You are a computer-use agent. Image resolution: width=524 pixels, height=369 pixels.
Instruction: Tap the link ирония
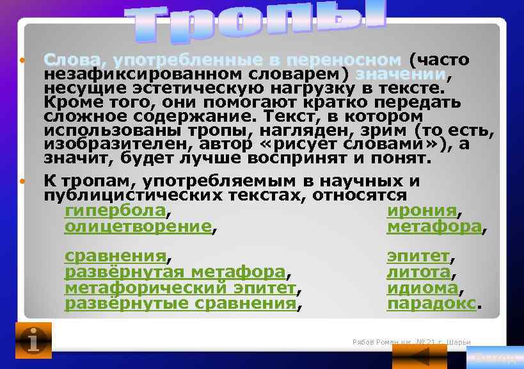(422, 211)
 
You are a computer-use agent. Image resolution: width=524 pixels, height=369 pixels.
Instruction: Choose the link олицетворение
(138, 226)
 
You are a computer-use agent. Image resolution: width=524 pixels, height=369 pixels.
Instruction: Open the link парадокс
(432, 303)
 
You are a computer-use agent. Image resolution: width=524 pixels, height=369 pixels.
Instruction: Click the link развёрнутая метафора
(174, 272)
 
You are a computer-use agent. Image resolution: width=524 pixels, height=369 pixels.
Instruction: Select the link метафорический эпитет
(180, 288)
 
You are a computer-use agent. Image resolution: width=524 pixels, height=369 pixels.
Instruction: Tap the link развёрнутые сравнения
(180, 303)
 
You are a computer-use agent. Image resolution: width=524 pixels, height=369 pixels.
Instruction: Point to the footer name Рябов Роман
(373, 342)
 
